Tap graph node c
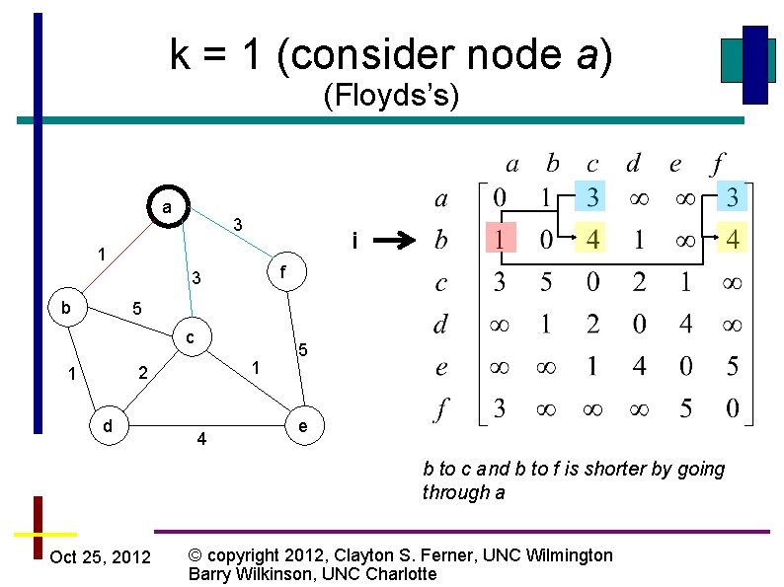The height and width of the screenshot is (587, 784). tap(191, 338)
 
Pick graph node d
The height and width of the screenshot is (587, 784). tap(108, 425)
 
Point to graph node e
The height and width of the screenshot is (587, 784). tap(302, 426)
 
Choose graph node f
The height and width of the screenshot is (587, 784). tap(282, 269)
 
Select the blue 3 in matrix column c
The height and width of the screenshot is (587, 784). tap(591, 198)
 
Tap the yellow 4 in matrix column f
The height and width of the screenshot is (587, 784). tap(732, 239)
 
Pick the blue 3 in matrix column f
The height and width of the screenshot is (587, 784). tap(732, 198)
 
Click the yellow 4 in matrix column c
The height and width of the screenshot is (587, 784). tap(591, 239)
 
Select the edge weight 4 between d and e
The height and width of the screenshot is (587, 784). tap(202, 438)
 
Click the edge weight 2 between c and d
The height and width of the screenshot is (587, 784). tap(143, 373)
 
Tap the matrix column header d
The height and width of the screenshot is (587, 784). tap(634, 162)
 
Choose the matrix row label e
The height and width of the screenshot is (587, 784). tap(441, 367)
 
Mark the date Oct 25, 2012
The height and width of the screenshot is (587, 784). tap(100, 557)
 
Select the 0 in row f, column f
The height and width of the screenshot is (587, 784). tap(732, 407)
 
